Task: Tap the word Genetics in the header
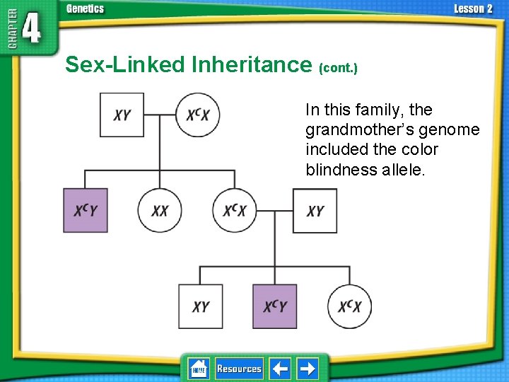pos(85,9)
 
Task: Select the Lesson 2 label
pos(473,9)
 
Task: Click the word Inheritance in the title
pos(250,65)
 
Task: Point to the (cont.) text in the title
pos(339,68)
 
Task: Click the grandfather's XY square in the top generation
pos(122,115)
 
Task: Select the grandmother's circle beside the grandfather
pos(202,115)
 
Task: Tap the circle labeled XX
pos(160,211)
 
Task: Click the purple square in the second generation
pos(86,211)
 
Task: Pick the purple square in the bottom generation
pos(274,306)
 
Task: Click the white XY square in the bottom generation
pos(200,306)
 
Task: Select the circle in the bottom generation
pos(349,306)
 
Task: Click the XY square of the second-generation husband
pos(315,211)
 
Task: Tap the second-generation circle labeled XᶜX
pos(235,211)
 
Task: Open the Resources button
pos(239,369)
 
